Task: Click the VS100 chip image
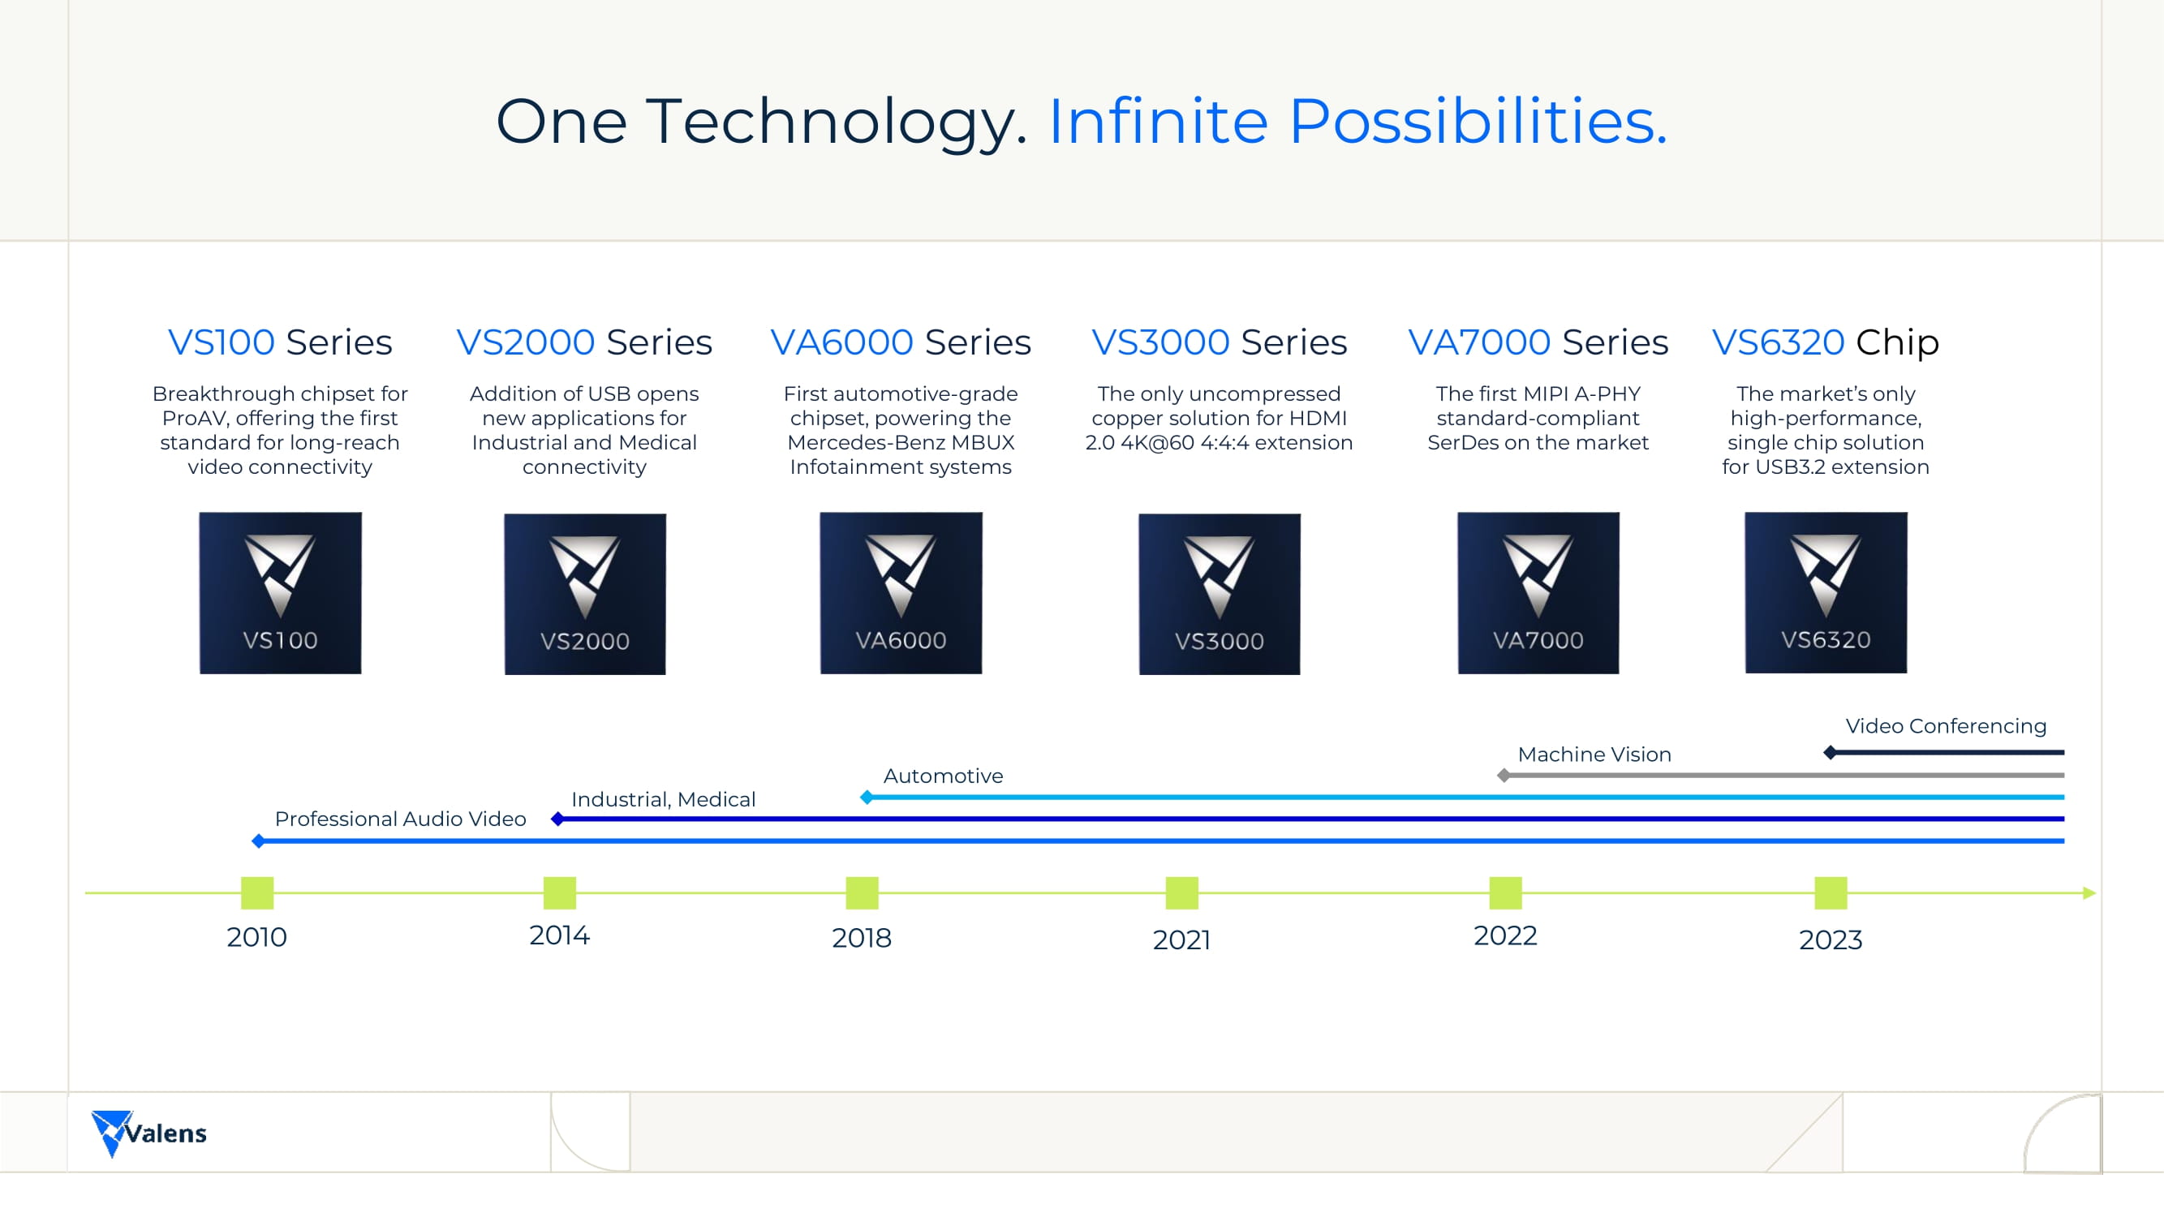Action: tap(281, 593)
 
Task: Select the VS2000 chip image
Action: tap(585, 594)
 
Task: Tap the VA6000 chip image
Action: tap(901, 593)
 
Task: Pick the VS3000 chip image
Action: tap(1220, 594)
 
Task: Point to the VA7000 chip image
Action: tap(1538, 593)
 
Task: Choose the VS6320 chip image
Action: tap(1826, 592)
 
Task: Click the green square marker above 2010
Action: tap(257, 892)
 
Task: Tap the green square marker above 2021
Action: tap(1182, 892)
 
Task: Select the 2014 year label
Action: tap(560, 935)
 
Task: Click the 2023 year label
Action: tap(1831, 940)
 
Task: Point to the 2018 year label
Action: tap(862, 938)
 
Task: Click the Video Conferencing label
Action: tap(1946, 726)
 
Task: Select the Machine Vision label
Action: tap(1594, 755)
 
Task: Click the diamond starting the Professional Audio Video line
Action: tap(259, 841)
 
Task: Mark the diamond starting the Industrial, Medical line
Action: tap(557, 819)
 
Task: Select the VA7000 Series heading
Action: tap(1538, 342)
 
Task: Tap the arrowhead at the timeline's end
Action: tap(2090, 892)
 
